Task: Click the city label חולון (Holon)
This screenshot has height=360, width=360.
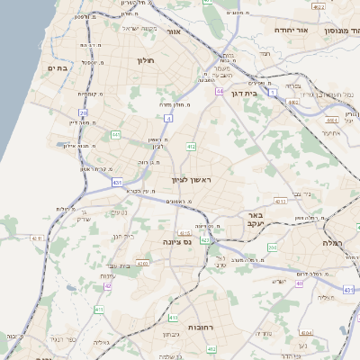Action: click(146, 60)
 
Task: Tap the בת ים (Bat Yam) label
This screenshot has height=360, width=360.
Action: click(59, 67)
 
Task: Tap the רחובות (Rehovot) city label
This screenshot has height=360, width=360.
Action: click(198, 327)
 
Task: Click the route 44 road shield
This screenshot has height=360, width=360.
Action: click(220, 91)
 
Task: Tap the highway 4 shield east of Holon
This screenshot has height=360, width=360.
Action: click(169, 117)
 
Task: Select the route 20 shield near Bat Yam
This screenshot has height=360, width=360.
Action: click(83, 113)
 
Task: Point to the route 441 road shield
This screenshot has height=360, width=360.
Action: click(116, 134)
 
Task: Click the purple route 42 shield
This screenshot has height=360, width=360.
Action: click(108, 285)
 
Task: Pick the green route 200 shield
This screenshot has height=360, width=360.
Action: click(272, 247)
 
